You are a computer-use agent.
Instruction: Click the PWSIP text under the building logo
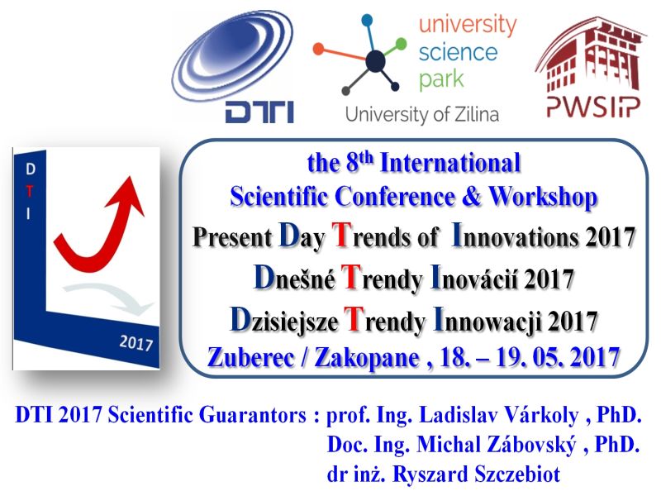point(593,107)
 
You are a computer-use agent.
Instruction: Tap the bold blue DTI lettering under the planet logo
point(259,112)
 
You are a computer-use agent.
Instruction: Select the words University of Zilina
point(422,115)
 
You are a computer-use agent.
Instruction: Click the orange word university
point(468,26)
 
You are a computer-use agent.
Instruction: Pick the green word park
point(441,79)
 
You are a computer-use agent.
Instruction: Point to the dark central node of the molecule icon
point(375,60)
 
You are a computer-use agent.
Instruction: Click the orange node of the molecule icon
point(319,50)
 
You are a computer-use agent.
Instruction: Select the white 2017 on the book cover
point(136,343)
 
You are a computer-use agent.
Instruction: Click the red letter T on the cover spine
point(29,191)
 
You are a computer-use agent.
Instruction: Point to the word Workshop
point(543,197)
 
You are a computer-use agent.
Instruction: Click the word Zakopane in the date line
point(366,358)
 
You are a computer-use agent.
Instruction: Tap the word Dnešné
point(295,278)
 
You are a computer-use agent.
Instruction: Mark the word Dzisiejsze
point(283,320)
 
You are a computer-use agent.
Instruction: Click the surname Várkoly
point(541,416)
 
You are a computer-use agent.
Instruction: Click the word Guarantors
point(253,415)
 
